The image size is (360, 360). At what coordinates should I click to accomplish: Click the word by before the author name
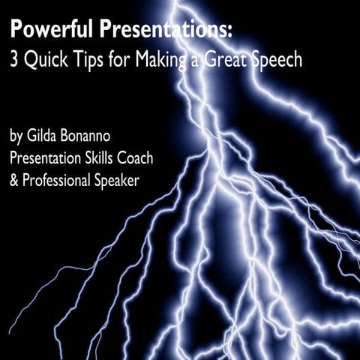pos(16,137)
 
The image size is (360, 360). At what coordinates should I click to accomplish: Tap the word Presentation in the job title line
pos(54,160)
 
